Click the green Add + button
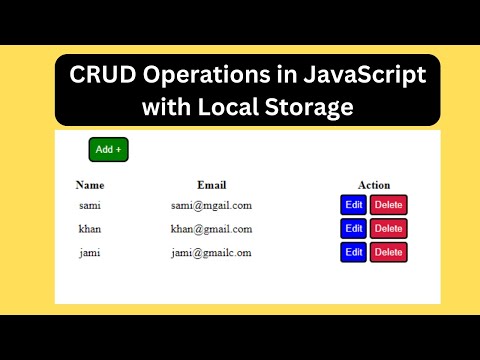point(108,149)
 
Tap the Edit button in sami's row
point(353,205)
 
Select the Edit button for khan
point(353,229)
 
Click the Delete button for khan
point(389,229)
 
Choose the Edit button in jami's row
point(353,252)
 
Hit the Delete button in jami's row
point(389,252)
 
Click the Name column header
point(90,185)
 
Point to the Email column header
point(212,185)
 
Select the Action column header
point(374,185)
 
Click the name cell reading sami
point(90,205)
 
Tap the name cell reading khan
point(90,229)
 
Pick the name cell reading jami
point(90,252)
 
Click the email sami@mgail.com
point(211,205)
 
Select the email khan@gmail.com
point(211,229)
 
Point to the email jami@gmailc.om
point(211,252)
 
